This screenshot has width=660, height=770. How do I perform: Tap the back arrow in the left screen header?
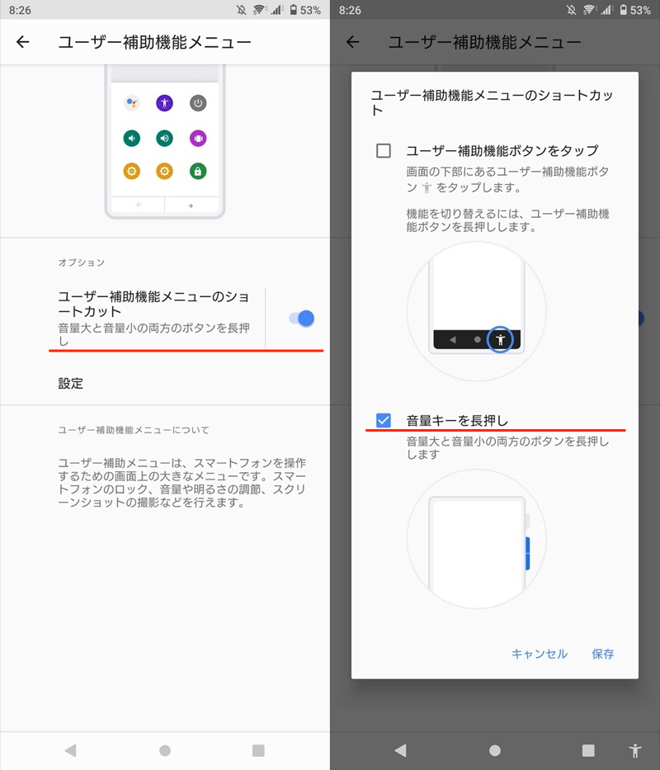22,42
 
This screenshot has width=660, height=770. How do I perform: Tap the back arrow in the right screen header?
352,42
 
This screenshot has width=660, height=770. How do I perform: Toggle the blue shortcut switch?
301,319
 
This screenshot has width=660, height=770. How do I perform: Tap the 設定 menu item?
71,383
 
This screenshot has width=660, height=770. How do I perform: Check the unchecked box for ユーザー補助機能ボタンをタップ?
384,150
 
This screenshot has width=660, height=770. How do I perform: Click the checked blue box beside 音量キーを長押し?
384,420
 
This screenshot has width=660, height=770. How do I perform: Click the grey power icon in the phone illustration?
198,103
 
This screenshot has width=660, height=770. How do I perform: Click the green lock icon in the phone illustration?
198,172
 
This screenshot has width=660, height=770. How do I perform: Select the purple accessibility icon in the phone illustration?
164,103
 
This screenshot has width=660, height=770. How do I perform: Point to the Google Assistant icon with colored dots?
132,103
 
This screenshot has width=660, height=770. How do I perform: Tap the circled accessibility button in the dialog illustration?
500,339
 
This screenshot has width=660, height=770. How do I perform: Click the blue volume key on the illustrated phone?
527,554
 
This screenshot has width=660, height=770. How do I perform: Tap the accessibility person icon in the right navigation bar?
635,750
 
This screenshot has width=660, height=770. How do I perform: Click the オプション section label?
82,262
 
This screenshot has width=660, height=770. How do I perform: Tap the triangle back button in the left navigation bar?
70,750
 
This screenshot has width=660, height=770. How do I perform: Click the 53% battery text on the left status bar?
310,10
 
